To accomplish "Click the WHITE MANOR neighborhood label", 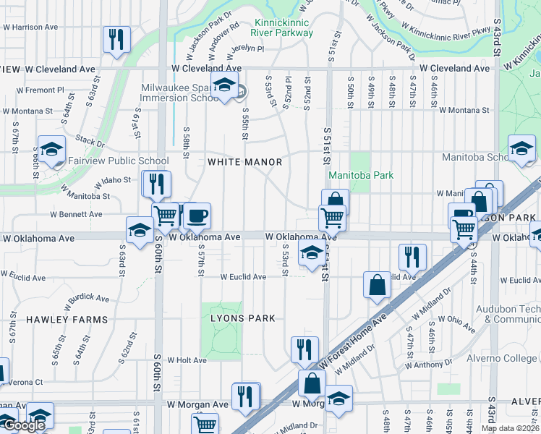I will point(244,162).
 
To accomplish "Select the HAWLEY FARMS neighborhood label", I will point(67,319).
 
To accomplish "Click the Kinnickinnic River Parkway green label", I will point(282,27).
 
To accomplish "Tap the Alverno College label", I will point(511,358).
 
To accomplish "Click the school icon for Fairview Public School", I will point(51,150).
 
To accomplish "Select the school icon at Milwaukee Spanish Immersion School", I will point(224,85).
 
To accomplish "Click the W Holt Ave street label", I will point(187,359).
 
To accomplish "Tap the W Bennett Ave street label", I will point(76,215).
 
